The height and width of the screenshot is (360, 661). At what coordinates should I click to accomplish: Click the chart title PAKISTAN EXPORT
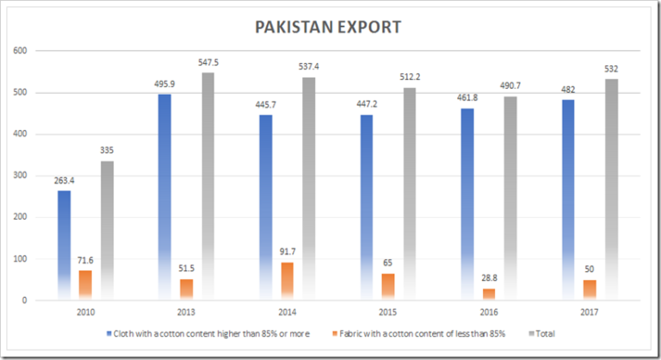pyautogui.click(x=328, y=27)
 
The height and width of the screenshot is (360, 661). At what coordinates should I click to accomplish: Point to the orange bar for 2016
pyautogui.click(x=488, y=295)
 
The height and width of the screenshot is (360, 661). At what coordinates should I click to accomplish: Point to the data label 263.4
pyautogui.click(x=63, y=182)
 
